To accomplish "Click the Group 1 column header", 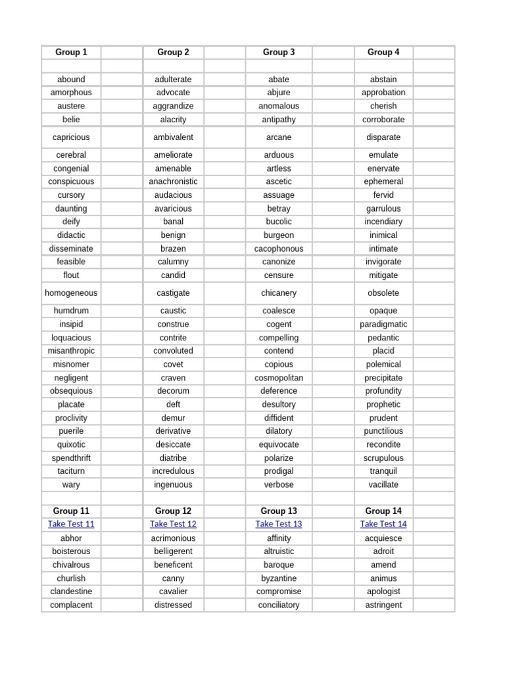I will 71,52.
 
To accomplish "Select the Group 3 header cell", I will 279,52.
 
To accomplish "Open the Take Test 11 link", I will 71,524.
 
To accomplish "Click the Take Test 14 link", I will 383,524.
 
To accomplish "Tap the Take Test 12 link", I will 173,524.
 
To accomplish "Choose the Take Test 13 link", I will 279,524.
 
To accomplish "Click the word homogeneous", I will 71,293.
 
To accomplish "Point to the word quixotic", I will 71,444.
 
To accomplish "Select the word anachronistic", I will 173,181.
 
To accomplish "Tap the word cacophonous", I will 279,248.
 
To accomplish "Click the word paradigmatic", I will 383,324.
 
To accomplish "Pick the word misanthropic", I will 71,351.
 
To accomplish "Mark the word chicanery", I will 279,293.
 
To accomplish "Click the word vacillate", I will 383,484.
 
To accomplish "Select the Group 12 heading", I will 173,511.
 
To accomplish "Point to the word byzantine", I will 279,578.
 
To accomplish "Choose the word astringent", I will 383,605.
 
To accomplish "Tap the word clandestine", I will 71,592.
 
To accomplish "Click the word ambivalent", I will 173,137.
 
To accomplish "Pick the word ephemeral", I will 383,181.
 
